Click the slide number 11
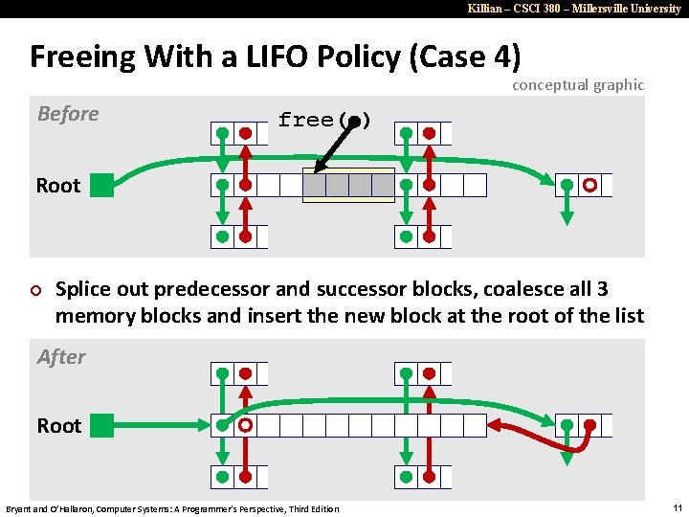pos(676,507)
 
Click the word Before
pos(68,114)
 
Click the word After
pos(61,357)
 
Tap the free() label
pos(323,120)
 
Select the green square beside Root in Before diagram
pos(102,185)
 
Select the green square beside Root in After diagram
pos(102,425)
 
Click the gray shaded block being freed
pos(348,185)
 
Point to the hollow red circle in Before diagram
pos(591,185)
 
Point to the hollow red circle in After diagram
pos(246,425)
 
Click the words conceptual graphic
pos(578,84)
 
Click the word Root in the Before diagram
pos(58,185)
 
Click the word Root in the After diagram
pos(58,425)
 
